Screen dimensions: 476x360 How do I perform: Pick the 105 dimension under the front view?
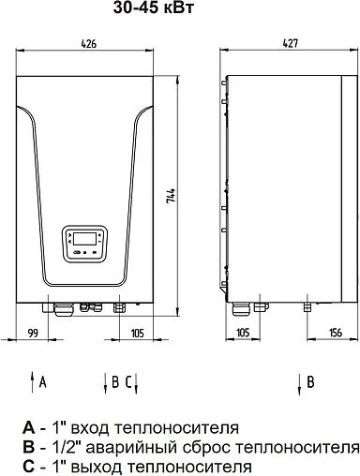136,332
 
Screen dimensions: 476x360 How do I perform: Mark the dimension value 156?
335,332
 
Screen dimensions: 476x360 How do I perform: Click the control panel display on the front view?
85,242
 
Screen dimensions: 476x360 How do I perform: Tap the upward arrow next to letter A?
31,381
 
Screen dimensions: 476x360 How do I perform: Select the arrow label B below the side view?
309,380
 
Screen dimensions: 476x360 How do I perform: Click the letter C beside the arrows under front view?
129,380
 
